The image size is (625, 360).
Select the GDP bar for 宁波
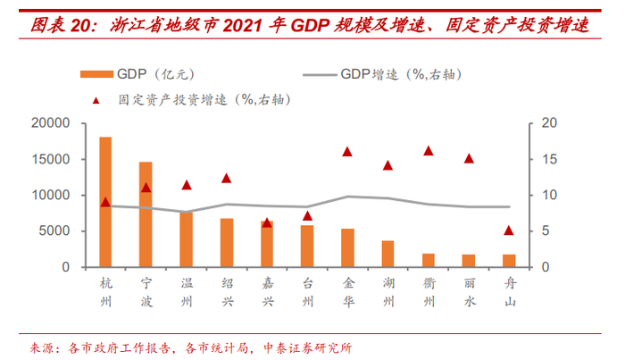click(146, 214)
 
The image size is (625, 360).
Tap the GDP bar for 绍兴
click(227, 243)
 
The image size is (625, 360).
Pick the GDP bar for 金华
click(347, 248)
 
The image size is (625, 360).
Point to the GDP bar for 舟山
click(508, 261)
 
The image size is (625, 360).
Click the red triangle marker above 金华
click(347, 152)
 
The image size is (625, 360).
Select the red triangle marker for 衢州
click(428, 151)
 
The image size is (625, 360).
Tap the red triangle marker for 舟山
click(508, 230)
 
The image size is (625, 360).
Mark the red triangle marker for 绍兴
click(227, 179)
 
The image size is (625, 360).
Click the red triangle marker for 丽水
click(468, 159)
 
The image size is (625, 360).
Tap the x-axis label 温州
click(187, 291)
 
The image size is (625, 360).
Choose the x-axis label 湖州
click(387, 291)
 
